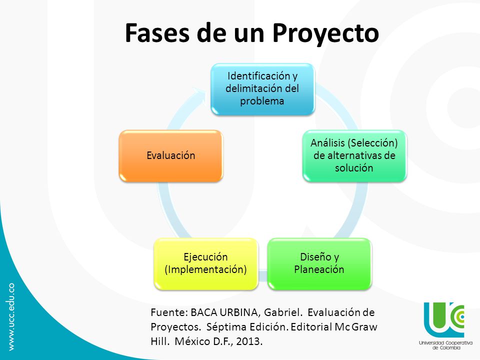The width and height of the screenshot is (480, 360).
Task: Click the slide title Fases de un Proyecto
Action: point(251,32)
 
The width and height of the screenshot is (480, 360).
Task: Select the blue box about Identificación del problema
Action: point(262,88)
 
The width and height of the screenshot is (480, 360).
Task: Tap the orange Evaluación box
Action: point(170,155)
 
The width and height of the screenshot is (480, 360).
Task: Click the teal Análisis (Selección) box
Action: point(354,155)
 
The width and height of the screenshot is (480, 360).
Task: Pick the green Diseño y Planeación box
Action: point(319,263)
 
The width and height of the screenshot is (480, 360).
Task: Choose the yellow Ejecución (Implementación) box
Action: point(205,263)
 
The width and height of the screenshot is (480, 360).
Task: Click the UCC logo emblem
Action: point(444,319)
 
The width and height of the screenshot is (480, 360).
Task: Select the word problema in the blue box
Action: point(262,101)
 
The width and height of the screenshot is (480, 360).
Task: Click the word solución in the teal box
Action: point(354,168)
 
